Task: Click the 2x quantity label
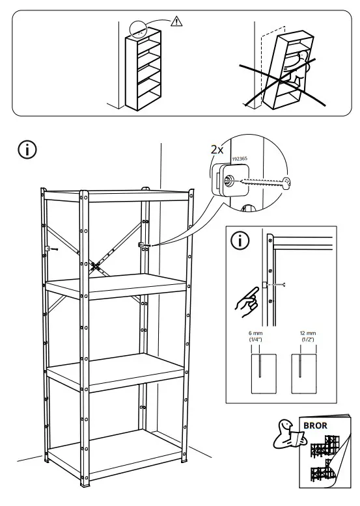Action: point(217,150)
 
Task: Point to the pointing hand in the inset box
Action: point(246,301)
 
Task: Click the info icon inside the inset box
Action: point(242,241)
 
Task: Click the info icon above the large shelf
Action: point(28,149)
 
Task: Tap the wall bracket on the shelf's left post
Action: point(49,248)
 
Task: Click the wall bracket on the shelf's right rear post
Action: point(142,244)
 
